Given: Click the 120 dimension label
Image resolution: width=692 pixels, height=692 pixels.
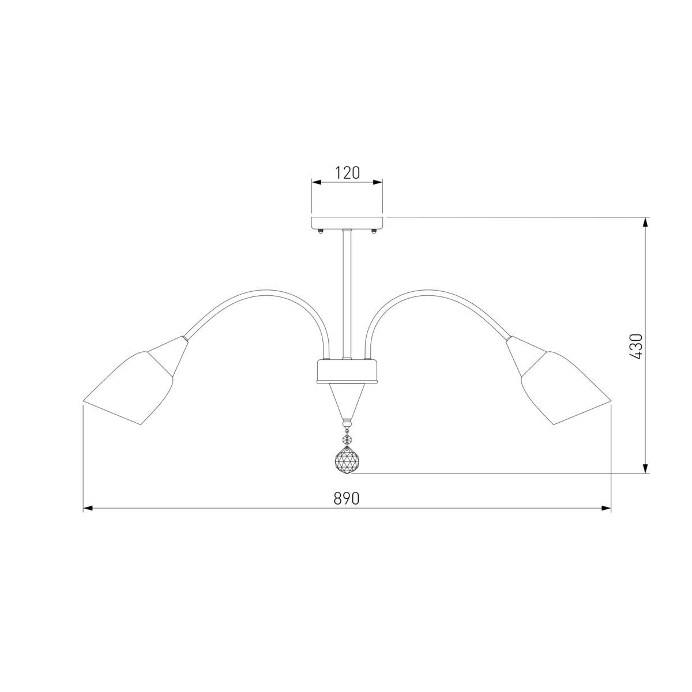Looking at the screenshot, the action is (347, 173).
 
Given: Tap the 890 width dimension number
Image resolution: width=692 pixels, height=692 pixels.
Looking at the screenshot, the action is (346, 498).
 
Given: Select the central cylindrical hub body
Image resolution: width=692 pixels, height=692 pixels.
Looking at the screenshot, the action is (347, 371).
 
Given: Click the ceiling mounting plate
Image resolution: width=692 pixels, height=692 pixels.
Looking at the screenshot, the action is (347, 222).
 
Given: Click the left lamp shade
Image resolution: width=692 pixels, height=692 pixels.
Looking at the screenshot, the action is (128, 389).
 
